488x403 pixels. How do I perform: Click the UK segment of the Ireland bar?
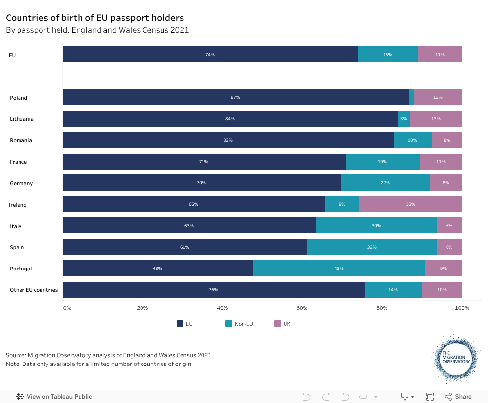pyautogui.click(x=410, y=204)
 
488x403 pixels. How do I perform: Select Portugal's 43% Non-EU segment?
pyautogui.click(x=339, y=269)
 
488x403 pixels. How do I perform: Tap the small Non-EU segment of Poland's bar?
pyautogui.click(x=412, y=97)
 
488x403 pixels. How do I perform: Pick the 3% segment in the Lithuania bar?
pyautogui.click(x=404, y=119)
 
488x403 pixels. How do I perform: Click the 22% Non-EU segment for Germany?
pyautogui.click(x=385, y=183)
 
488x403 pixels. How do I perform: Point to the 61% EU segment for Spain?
pyautogui.click(x=185, y=247)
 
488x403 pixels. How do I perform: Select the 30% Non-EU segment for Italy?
pyautogui.click(x=376, y=226)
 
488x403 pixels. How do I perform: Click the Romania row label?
pyautogui.click(x=21, y=140)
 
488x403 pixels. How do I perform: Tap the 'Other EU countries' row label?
pyautogui.click(x=34, y=290)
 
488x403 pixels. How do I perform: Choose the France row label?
pyautogui.click(x=19, y=162)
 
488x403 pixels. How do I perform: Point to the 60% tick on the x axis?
pyautogui.click(x=302, y=308)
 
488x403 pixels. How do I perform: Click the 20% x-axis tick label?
pyautogui.click(x=142, y=308)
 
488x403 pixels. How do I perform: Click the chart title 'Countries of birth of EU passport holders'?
pyautogui.click(x=95, y=18)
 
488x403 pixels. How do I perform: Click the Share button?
pyautogui.click(x=458, y=397)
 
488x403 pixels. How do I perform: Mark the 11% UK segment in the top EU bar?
pyautogui.click(x=440, y=55)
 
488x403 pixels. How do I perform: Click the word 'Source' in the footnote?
pyautogui.click(x=16, y=355)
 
